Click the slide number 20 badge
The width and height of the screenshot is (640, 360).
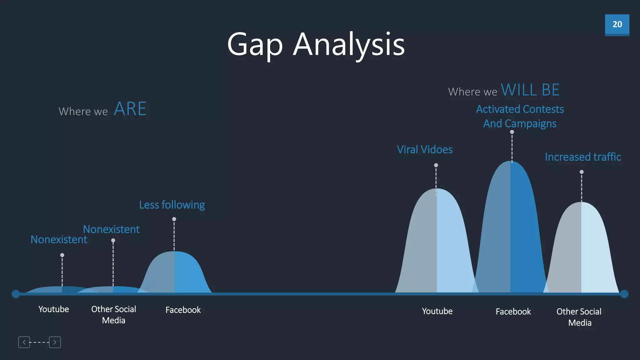[617, 25]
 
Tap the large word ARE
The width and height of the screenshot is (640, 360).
[130, 109]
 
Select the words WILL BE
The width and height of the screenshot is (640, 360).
[530, 90]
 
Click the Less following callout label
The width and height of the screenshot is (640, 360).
[172, 205]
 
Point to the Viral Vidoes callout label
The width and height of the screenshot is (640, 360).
[424, 150]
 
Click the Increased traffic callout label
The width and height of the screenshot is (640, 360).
[583, 157]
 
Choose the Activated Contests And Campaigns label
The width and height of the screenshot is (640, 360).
[520, 116]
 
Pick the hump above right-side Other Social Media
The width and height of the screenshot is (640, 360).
[581, 250]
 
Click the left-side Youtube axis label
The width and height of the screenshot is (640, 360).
[53, 309]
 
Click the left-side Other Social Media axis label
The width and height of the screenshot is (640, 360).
[113, 315]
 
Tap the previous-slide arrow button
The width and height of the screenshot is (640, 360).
[24, 342]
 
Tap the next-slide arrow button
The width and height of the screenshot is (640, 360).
[55, 342]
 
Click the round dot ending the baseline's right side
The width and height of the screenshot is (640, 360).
[624, 294]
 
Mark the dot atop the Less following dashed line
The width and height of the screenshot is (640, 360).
[174, 219]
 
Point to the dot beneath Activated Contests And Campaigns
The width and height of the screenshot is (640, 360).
[512, 132]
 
